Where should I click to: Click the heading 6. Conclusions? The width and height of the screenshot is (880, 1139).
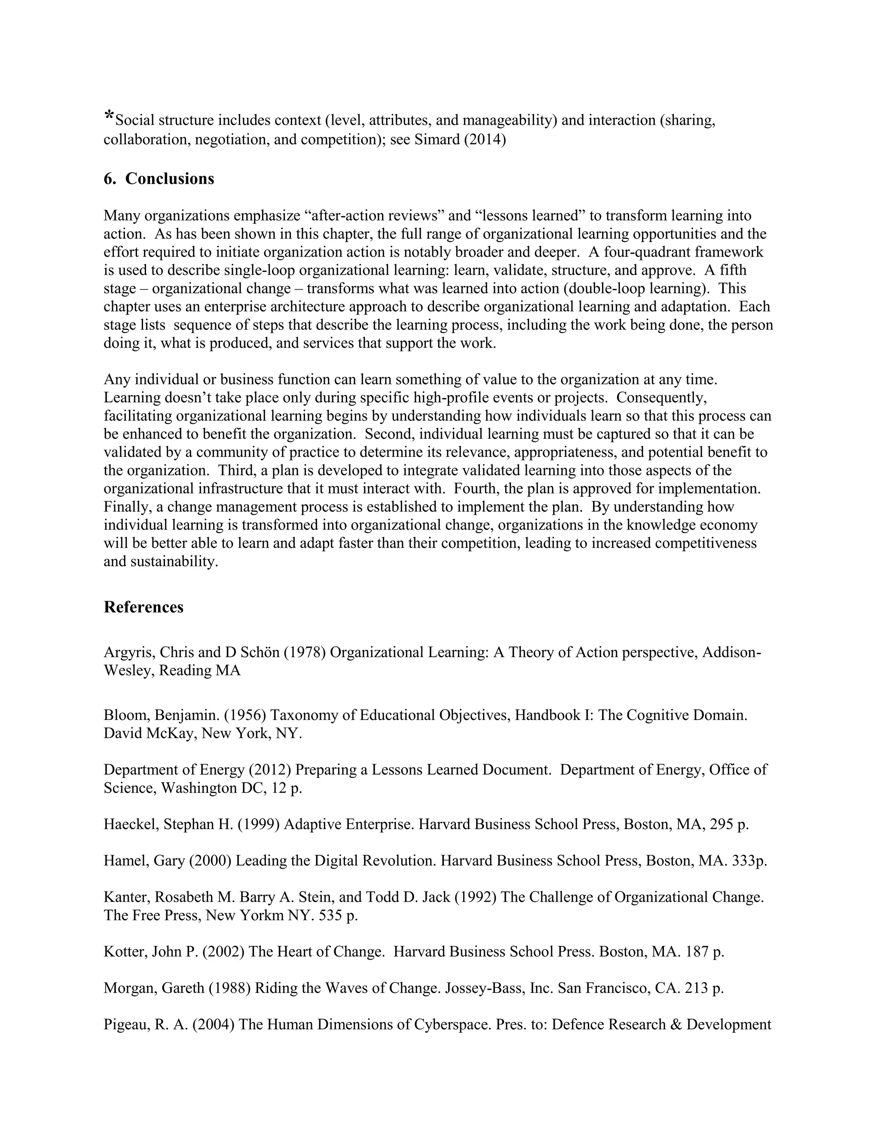[159, 179]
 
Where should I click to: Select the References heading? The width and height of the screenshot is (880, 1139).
[144, 607]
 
